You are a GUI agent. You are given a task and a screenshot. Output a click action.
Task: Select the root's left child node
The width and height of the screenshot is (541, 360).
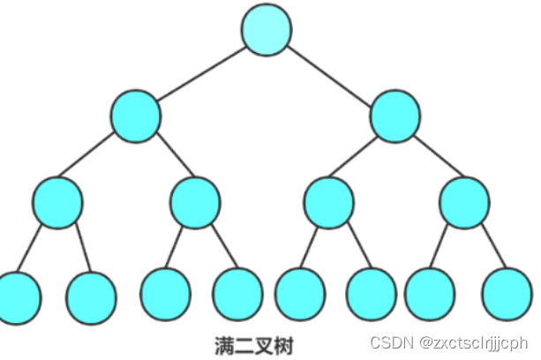point(137,116)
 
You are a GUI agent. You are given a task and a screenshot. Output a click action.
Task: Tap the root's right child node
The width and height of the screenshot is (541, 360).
point(394,116)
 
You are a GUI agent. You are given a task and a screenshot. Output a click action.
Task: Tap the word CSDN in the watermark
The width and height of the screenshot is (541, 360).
point(387,341)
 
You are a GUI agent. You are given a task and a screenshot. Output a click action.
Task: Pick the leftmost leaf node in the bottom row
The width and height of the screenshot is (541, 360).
point(18,296)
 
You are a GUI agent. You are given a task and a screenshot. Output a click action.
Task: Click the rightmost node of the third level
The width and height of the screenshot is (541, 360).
point(463,202)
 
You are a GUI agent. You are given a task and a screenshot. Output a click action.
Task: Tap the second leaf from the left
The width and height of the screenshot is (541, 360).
point(92,296)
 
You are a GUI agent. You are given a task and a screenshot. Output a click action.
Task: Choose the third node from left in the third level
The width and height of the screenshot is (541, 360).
point(329,202)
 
